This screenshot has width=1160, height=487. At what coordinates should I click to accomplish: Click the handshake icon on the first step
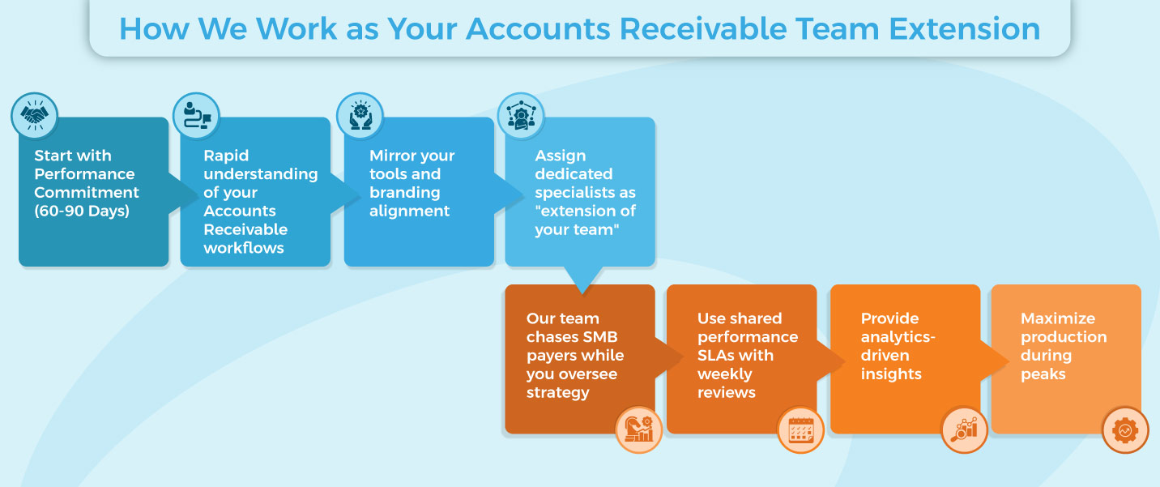(x=34, y=115)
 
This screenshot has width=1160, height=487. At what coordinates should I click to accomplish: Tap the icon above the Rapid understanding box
(x=196, y=115)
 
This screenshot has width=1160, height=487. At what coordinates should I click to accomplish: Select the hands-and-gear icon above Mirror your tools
(x=360, y=115)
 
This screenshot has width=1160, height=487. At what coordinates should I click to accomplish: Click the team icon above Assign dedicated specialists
(x=520, y=115)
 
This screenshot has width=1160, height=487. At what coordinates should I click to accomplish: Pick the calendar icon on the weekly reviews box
(x=800, y=429)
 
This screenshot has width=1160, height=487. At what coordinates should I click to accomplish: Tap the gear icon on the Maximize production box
(x=1125, y=429)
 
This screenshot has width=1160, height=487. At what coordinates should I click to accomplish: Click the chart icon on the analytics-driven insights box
(x=964, y=429)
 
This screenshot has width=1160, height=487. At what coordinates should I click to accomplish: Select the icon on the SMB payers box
(x=639, y=429)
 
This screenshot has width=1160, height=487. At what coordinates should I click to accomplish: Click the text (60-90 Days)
(x=81, y=211)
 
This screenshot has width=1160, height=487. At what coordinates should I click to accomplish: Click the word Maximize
(x=1057, y=318)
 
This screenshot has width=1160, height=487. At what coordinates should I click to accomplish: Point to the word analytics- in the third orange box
(x=898, y=337)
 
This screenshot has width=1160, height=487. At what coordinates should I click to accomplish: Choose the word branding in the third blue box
(x=404, y=193)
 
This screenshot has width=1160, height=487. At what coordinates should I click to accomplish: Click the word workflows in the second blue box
(x=243, y=249)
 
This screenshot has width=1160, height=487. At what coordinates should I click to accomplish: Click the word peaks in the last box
(x=1043, y=374)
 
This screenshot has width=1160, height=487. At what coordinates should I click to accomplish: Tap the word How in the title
(x=153, y=29)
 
